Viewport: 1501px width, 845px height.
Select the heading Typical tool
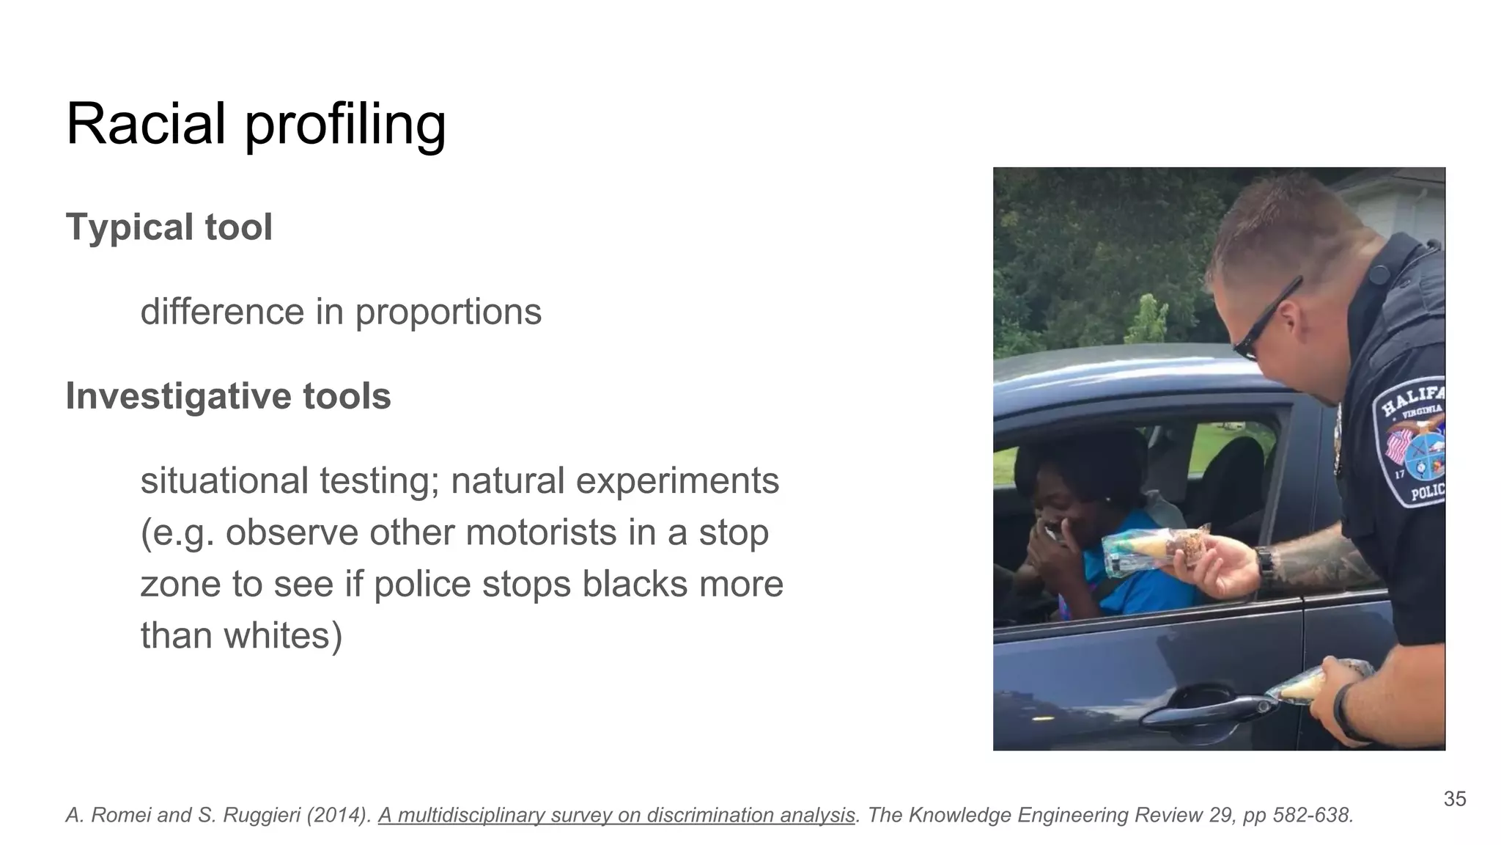pyautogui.click(x=169, y=227)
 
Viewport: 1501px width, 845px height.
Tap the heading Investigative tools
pyautogui.click(x=228, y=396)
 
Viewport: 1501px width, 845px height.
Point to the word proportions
pyautogui.click(x=448, y=312)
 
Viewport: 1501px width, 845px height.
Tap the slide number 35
pyautogui.click(x=1454, y=799)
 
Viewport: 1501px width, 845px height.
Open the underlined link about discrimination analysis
pyautogui.click(x=616, y=815)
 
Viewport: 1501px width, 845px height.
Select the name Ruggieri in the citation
pyautogui.click(x=257, y=815)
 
